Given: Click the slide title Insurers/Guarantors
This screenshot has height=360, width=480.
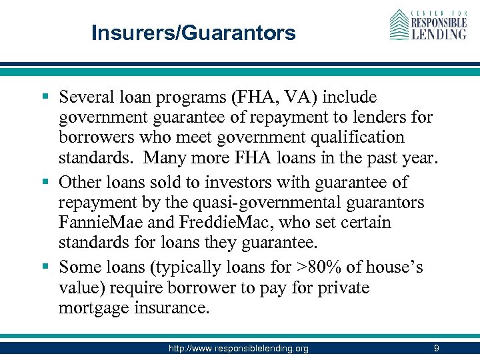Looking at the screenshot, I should [x=193, y=33].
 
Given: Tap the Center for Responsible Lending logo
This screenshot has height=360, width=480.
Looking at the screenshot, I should [x=428, y=25].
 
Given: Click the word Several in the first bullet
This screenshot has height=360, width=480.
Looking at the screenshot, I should [x=87, y=97].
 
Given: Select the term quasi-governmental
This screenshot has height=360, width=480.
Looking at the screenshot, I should [x=257, y=202].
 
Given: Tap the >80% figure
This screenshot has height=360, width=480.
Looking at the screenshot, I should [x=319, y=267].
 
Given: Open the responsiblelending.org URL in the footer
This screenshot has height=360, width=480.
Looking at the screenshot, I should [x=239, y=349].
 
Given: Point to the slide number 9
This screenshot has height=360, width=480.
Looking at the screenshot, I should [x=436, y=348].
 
